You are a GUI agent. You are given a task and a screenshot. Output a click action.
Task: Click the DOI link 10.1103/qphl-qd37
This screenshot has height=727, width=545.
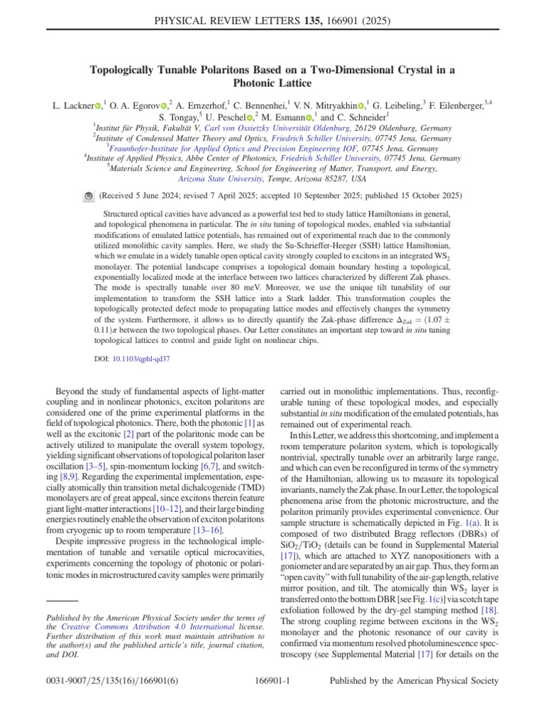141,359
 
